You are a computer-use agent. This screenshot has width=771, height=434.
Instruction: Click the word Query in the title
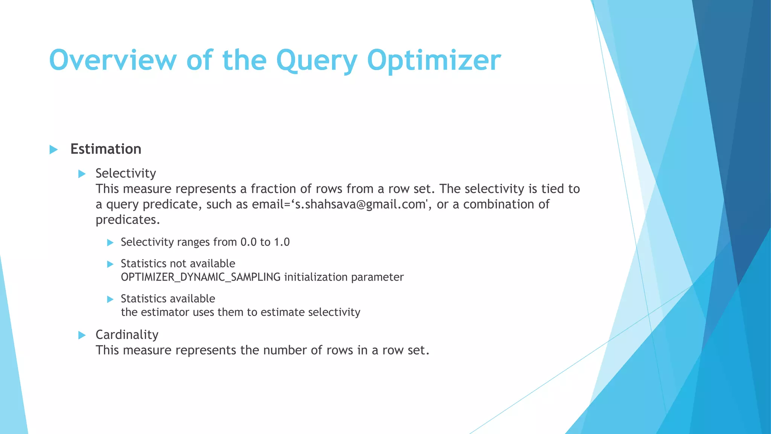coord(317,60)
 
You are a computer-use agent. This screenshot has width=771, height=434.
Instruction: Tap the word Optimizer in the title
coord(434,60)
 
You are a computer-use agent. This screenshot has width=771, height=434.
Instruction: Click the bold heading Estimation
coord(106,149)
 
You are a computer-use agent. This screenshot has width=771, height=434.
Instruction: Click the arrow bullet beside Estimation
coord(53,150)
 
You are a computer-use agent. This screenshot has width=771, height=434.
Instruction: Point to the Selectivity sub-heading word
coord(126,173)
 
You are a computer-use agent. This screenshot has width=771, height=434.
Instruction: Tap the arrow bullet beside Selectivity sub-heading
coord(82,174)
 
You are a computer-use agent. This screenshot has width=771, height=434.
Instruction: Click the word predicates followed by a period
coord(128,220)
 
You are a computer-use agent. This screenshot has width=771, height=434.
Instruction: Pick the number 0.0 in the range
coord(248,242)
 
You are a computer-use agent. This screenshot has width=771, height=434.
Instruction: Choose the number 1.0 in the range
coord(282,242)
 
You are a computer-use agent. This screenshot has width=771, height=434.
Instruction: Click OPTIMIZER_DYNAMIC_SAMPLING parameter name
coord(201,277)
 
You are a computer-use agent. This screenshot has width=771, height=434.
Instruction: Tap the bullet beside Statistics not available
coord(110,264)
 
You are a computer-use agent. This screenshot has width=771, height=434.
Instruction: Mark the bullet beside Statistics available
coord(110,299)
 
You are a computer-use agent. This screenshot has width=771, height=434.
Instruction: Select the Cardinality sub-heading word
coord(127,335)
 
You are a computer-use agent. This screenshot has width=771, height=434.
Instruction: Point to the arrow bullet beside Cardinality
coord(82,335)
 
